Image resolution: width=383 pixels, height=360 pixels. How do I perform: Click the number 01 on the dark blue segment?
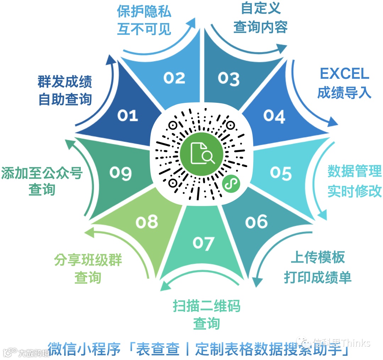tap(128, 115)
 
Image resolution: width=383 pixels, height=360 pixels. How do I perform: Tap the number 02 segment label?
tap(174, 78)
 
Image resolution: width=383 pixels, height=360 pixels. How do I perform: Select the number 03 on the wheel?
tap(228, 78)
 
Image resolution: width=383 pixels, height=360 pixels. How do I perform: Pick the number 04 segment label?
tap(274, 116)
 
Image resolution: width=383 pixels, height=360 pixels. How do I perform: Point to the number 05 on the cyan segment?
tap(281, 173)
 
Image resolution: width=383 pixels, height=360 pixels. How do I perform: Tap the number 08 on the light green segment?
tap(147, 222)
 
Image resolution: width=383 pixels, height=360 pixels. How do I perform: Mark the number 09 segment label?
tap(120, 173)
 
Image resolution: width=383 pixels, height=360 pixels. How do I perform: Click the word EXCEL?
tap(344, 74)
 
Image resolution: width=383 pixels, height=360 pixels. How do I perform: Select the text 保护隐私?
tap(144, 12)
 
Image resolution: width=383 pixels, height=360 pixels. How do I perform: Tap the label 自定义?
tap(260, 8)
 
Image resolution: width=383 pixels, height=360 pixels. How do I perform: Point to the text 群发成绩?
tap(65, 82)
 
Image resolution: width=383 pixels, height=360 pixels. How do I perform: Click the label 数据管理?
tap(354, 172)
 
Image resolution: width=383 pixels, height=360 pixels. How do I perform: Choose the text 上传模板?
tap(318, 258)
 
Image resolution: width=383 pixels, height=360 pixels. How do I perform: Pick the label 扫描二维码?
tap(206, 305)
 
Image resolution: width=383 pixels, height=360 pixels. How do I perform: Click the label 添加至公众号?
tap(42, 173)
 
